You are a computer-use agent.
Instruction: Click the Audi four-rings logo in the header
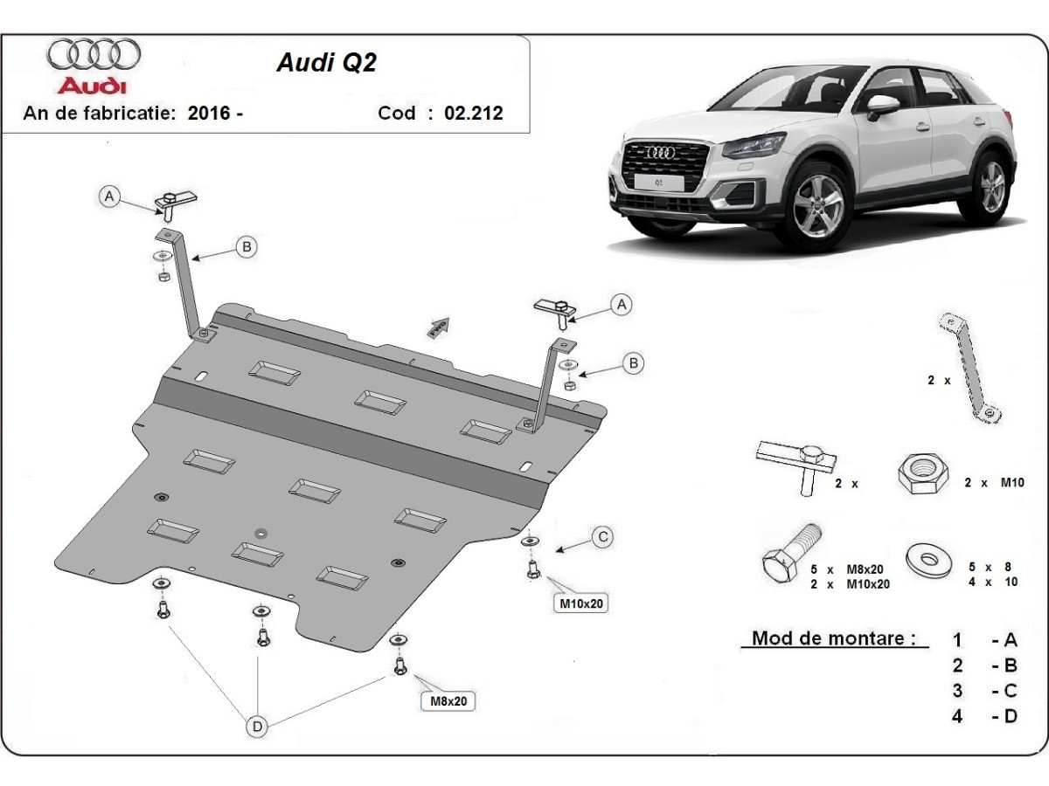[x=94, y=54]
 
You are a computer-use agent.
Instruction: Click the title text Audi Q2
[x=326, y=63]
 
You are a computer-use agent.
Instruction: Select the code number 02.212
[x=474, y=113]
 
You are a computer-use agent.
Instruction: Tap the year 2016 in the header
[x=208, y=113]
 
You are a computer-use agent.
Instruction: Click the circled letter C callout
[x=602, y=538]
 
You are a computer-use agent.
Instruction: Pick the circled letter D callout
[x=257, y=726]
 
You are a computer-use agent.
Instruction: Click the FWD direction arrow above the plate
[x=437, y=327]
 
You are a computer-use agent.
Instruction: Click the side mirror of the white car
[x=882, y=106]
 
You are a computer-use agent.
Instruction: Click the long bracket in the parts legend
[x=969, y=367]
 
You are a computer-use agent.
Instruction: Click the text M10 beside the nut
[x=1011, y=482]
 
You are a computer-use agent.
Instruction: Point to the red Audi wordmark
[x=92, y=86]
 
